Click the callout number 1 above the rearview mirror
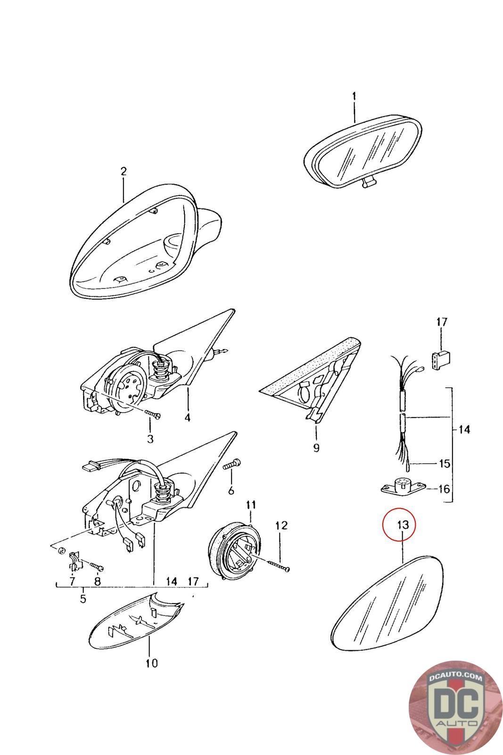point(354,97)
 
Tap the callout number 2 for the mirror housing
point(124,172)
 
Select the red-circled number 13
point(403,524)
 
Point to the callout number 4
point(188,417)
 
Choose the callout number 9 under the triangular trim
point(316,448)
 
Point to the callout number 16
point(445,488)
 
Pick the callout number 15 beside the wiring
point(445,463)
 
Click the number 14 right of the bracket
point(464,429)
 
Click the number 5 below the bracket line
point(83,598)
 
